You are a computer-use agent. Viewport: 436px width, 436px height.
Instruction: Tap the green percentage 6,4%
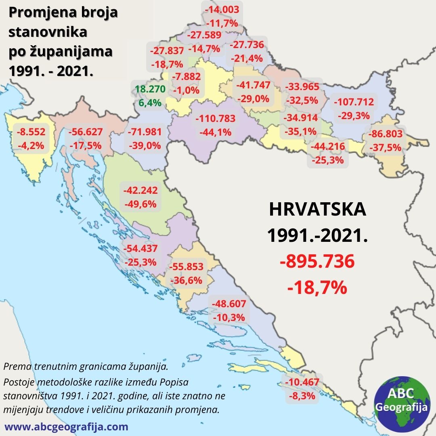tap(150, 103)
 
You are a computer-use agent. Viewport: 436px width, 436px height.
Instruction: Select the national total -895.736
tap(317, 262)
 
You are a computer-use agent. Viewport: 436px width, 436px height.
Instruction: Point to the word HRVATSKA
tap(317, 210)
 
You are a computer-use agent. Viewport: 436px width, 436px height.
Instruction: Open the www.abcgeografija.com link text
tap(66, 427)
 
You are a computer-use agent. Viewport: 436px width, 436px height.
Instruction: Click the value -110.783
tap(215, 119)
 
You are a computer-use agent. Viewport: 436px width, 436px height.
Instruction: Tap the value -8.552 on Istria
tap(31, 132)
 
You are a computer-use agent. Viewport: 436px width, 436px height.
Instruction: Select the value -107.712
tap(354, 102)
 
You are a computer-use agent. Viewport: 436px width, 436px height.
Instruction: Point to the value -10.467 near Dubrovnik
tap(302, 382)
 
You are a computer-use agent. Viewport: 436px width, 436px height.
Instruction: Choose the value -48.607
tap(228, 304)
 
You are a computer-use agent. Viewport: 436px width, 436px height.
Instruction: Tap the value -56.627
tap(85, 132)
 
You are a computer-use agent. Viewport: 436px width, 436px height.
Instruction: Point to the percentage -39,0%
tap(144, 145)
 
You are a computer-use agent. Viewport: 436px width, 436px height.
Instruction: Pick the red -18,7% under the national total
tap(317, 287)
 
